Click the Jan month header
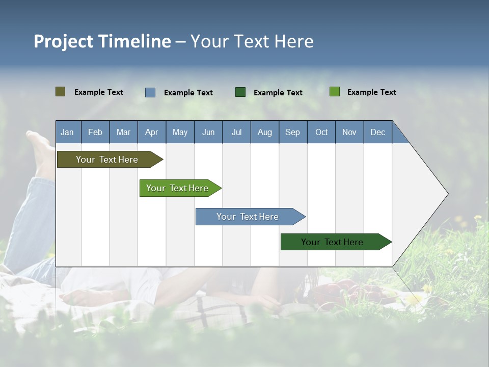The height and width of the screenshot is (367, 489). coord(68,132)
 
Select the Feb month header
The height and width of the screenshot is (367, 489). coord(95,132)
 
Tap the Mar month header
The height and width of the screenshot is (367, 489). coord(123,132)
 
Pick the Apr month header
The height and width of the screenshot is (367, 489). coord(152,132)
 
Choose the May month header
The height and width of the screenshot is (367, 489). coord(180,132)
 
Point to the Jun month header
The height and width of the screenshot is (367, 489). coord(208,132)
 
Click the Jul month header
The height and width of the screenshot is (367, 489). coord(236,132)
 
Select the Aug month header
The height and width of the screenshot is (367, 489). coord(265,132)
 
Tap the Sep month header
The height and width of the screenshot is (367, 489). coord(293,132)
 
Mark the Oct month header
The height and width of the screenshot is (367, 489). coord(321,132)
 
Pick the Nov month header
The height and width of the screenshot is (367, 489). coord(349,132)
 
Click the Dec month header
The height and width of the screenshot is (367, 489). coord(378,132)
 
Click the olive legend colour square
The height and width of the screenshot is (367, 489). coord(61,92)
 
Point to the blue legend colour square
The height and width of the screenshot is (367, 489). coord(150,92)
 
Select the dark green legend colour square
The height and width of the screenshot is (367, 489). coord(240,92)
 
